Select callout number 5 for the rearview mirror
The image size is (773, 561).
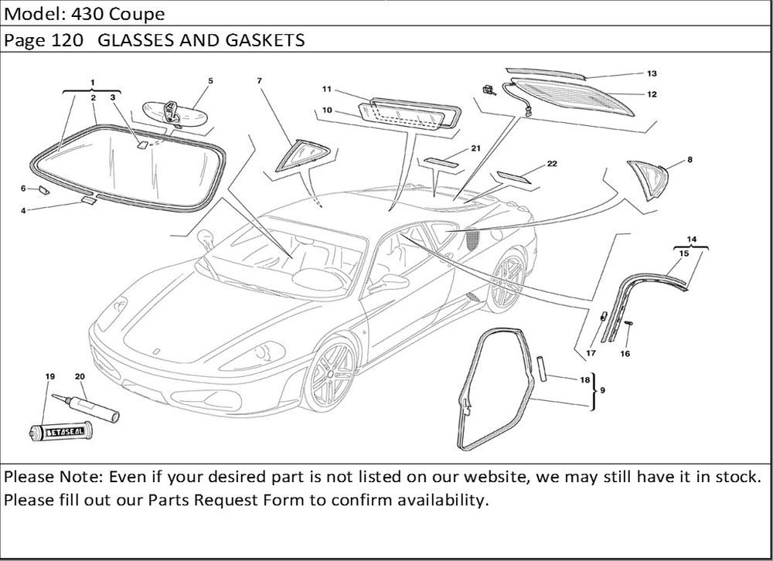pyautogui.click(x=210, y=80)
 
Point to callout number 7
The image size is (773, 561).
pyautogui.click(x=260, y=80)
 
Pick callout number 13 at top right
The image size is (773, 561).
pyautogui.click(x=652, y=73)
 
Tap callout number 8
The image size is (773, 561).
pyautogui.click(x=690, y=160)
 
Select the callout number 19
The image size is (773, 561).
pyautogui.click(x=50, y=376)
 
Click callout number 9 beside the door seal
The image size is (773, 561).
pyautogui.click(x=602, y=390)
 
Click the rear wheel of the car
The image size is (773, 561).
pyautogui.click(x=506, y=280)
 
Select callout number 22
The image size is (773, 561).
pyautogui.click(x=552, y=164)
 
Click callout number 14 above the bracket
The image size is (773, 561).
pyautogui.click(x=691, y=240)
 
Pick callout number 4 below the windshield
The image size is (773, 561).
pyautogui.click(x=23, y=209)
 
